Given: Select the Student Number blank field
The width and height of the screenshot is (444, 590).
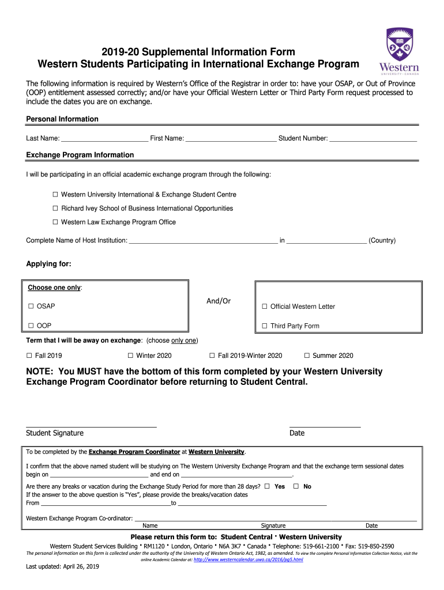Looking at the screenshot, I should click(373, 139).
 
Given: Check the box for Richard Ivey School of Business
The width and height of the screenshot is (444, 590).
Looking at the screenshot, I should click(56, 209).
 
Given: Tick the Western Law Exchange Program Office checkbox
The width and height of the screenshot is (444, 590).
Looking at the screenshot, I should click(56, 222).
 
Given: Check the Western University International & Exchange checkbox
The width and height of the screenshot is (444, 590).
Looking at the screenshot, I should click(56, 195).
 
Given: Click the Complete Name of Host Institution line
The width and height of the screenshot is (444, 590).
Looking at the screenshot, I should click(203, 241).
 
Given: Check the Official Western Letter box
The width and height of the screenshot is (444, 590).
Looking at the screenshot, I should click(265, 307).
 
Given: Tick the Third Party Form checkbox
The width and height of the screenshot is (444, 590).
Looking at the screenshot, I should click(265, 326).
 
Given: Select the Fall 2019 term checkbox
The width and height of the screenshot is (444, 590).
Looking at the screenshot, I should click(29, 355).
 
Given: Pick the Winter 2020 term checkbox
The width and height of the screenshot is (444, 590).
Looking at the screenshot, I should click(130, 355).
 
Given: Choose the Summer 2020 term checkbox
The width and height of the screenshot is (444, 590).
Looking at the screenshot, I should click(307, 355).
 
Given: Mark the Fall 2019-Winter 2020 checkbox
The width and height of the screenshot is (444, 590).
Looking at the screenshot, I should click(212, 355).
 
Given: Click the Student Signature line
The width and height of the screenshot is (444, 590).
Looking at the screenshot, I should click(91, 425).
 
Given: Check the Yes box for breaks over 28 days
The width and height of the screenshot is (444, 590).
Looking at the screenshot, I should click(267, 486).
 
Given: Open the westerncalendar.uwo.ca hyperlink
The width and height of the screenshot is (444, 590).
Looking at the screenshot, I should click(249, 559).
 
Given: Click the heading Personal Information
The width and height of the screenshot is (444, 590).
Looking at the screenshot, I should click(62, 119).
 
